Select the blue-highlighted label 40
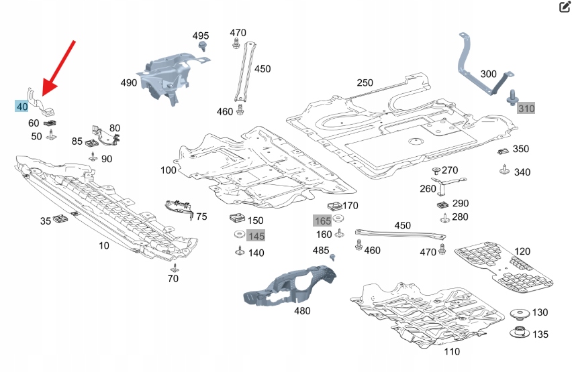pos(22,106)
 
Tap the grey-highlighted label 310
pos(526,109)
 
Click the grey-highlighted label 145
pos(256,236)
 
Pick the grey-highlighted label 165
pos(322,221)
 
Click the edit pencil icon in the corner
pos(564,7)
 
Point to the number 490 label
pos(129,83)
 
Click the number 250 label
pos(365,82)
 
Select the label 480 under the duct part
pos(302,311)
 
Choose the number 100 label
pos(169,170)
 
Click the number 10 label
pos(103,246)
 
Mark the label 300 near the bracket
pos(488,74)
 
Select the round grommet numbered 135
pos(519,332)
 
